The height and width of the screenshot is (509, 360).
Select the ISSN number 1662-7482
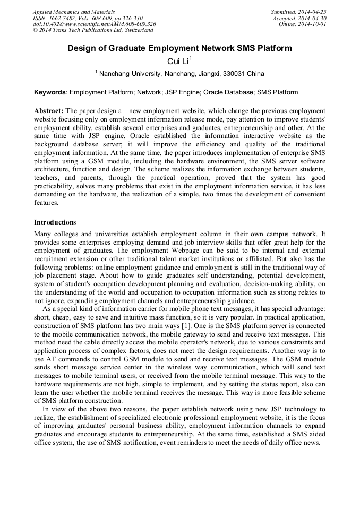(65, 18)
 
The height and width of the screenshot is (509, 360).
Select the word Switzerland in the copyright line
(134, 30)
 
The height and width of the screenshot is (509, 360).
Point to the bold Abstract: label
(49, 110)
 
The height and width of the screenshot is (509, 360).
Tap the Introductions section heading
(55, 222)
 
